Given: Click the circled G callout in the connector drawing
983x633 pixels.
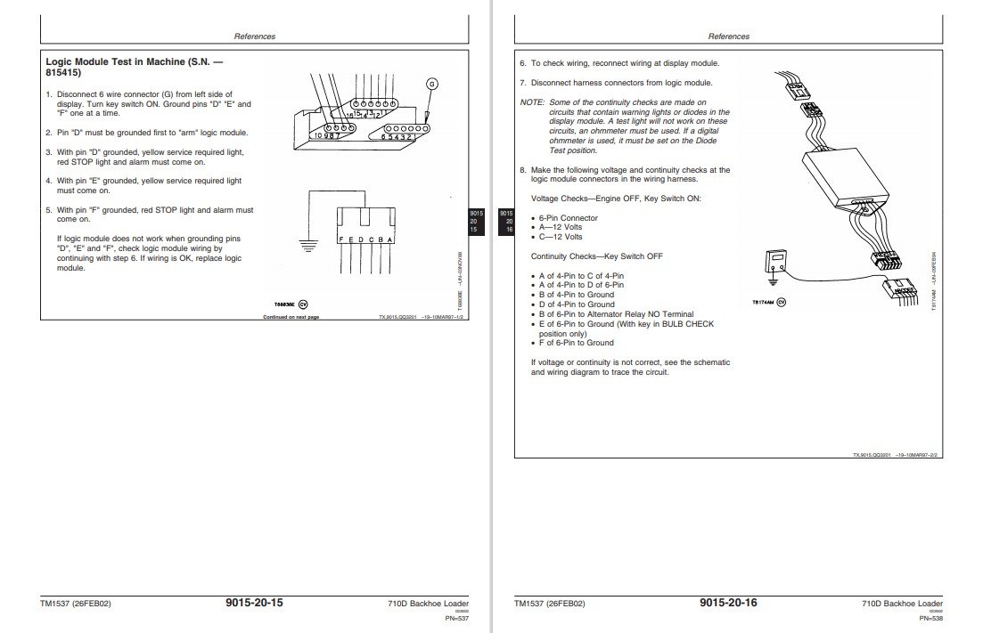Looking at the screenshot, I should pyautogui.click(x=431, y=84).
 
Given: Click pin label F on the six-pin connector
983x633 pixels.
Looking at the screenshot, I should pyautogui.click(x=342, y=240).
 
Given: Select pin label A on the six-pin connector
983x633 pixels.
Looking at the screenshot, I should pyautogui.click(x=392, y=240).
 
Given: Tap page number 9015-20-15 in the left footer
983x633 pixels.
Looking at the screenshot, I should pyautogui.click(x=255, y=603).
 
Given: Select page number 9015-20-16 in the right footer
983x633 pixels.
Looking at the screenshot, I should pyautogui.click(x=729, y=603).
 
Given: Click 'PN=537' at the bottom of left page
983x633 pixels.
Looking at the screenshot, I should pyautogui.click(x=456, y=619).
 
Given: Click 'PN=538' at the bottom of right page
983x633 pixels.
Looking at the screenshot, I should pyautogui.click(x=930, y=619).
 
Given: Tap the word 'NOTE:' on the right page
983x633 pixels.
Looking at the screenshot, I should pyautogui.click(x=532, y=102).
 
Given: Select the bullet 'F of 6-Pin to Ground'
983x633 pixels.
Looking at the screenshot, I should pyautogui.click(x=576, y=343).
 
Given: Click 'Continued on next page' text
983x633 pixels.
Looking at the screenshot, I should pyautogui.click(x=291, y=317).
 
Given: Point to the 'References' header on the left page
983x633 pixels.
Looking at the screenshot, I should pyautogui.click(x=254, y=37).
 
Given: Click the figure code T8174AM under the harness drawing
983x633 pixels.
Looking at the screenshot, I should pyautogui.click(x=765, y=303).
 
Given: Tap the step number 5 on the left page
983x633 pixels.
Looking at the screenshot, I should pyautogui.click(x=47, y=210).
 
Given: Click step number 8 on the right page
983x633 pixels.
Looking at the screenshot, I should pyautogui.click(x=522, y=169).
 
